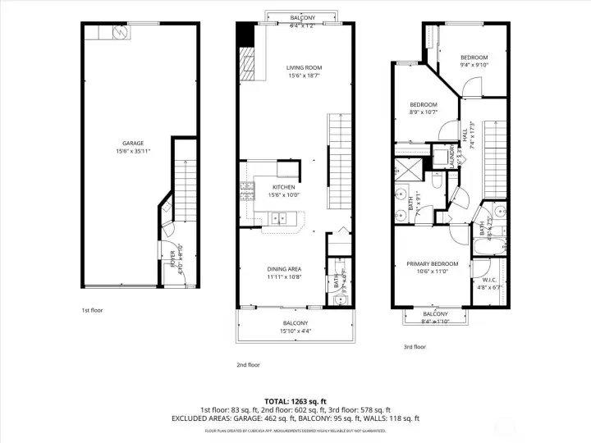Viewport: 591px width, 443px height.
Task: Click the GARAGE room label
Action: [x=132, y=143]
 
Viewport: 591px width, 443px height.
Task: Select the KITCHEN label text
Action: [x=283, y=187]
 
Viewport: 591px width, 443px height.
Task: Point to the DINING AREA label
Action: [x=284, y=269]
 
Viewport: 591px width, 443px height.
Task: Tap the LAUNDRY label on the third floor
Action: [x=452, y=157]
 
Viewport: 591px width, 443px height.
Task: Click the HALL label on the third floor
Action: [x=464, y=132]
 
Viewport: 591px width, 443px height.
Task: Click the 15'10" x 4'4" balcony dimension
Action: [x=295, y=331]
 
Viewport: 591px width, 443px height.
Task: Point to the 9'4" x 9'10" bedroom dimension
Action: [x=474, y=65]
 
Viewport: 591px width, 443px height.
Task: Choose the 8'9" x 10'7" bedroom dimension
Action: [x=424, y=112]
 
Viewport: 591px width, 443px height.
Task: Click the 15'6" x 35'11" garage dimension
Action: [x=132, y=151]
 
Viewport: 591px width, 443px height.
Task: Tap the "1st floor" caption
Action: [x=92, y=311]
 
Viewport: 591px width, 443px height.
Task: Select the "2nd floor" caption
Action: [x=248, y=364]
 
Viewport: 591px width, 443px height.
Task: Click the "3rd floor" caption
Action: [x=415, y=347]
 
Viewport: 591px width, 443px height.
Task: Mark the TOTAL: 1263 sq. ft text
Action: [x=295, y=401]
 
